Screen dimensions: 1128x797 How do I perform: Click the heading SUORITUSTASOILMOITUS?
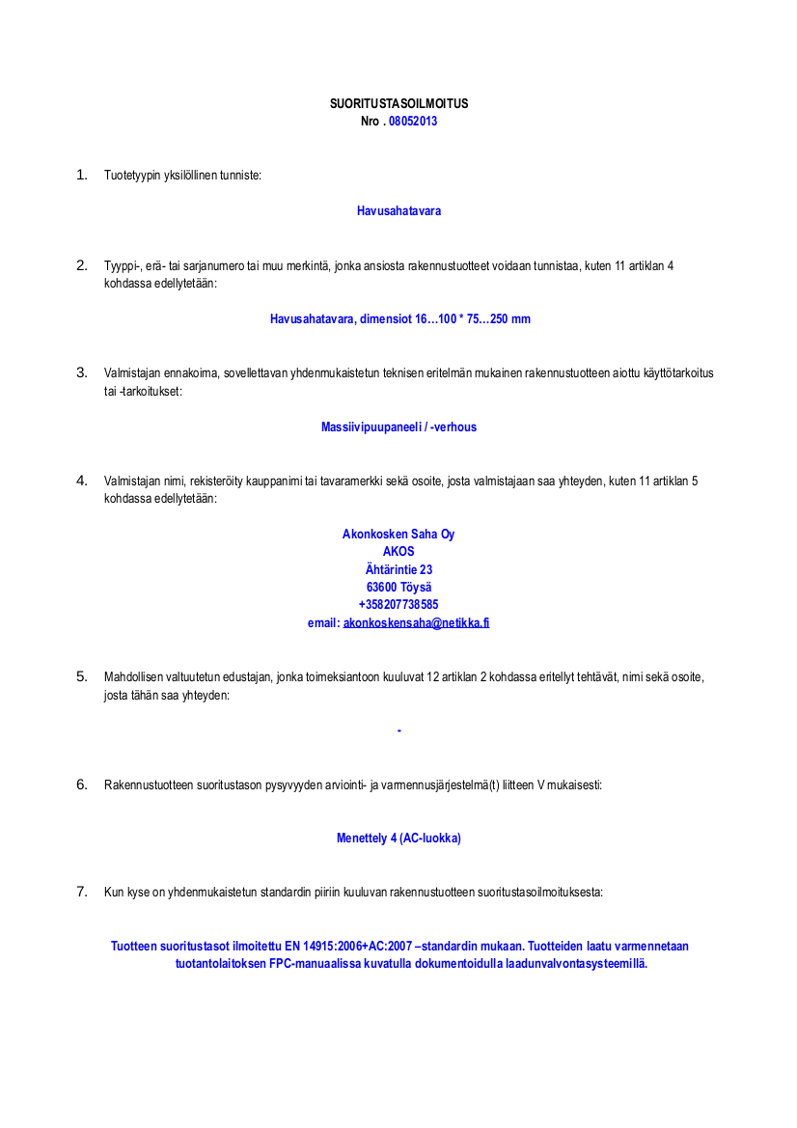point(398,104)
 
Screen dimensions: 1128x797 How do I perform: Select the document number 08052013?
point(413,122)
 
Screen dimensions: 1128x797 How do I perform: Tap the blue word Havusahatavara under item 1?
point(398,211)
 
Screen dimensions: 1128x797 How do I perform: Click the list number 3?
point(82,372)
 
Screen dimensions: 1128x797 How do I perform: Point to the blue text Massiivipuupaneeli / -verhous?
point(398,427)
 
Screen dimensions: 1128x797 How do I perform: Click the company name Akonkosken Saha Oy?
point(398,535)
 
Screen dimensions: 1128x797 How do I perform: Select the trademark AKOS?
point(398,552)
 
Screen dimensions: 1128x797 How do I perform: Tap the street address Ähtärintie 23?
point(398,570)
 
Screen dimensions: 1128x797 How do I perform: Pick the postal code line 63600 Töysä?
point(398,588)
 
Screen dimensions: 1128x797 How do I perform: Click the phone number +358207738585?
point(398,605)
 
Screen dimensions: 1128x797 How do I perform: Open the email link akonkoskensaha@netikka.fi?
point(416,623)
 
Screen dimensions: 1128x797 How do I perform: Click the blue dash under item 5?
point(398,730)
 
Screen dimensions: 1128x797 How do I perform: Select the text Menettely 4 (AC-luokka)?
point(398,839)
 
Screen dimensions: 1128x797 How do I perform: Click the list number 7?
point(82,892)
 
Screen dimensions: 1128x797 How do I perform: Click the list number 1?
point(82,176)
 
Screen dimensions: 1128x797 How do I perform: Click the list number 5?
point(82,676)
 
